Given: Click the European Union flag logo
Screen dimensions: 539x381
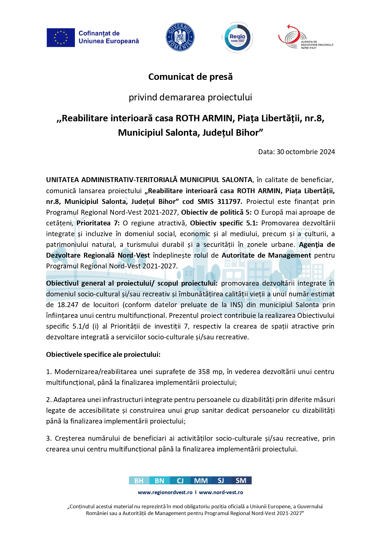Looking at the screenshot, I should tap(61, 37).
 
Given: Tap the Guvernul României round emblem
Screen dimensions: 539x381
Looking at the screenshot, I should tap(180, 37).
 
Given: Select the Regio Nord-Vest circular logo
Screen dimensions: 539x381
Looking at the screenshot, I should tap(237, 37).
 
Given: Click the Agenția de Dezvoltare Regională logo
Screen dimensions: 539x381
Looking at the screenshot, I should tap(305, 37).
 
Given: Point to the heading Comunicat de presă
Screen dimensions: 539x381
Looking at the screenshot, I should tap(190, 77).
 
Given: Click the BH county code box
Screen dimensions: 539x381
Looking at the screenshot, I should tap(139, 481).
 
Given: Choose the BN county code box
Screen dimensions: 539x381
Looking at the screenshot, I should tap(159, 481).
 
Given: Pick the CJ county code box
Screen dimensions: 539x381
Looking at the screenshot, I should tap(180, 481).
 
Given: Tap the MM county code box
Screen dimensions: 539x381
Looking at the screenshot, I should tap(201, 481).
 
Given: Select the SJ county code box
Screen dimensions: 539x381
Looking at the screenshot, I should tap(221, 481).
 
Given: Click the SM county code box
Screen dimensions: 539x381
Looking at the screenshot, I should tap(241, 481).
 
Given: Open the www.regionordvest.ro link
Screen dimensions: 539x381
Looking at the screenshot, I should tap(165, 492).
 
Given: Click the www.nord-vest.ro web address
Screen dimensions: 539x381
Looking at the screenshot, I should tap(221, 492).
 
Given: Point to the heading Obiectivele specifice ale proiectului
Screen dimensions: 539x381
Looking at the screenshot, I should tap(103, 354).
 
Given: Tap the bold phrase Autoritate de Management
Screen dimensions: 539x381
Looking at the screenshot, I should tap(266, 255).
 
